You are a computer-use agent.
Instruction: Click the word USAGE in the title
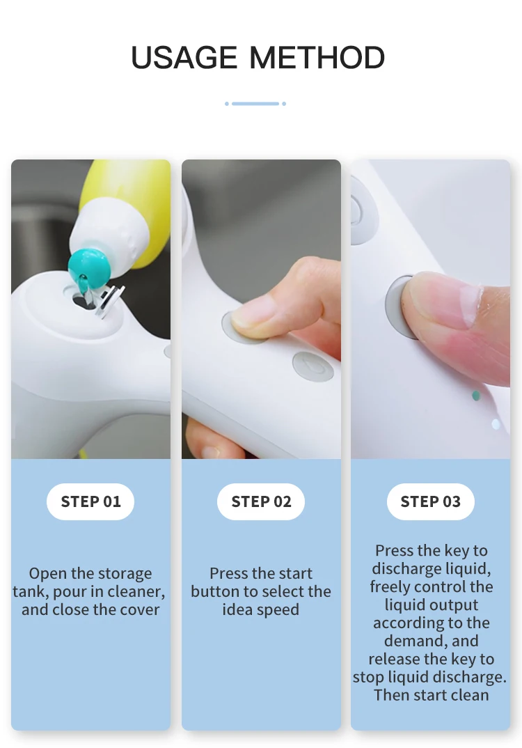point(184,58)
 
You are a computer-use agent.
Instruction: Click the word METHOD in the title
point(317,58)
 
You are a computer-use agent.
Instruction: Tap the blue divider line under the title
point(255,104)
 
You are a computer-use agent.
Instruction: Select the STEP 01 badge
point(90,501)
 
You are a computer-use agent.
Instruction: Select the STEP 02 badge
point(261,501)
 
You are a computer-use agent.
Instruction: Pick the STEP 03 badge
point(430,501)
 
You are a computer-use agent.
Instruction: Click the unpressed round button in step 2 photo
point(313,367)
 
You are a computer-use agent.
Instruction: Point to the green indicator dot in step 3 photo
point(475,396)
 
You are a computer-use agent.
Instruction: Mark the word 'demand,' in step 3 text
point(431,641)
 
